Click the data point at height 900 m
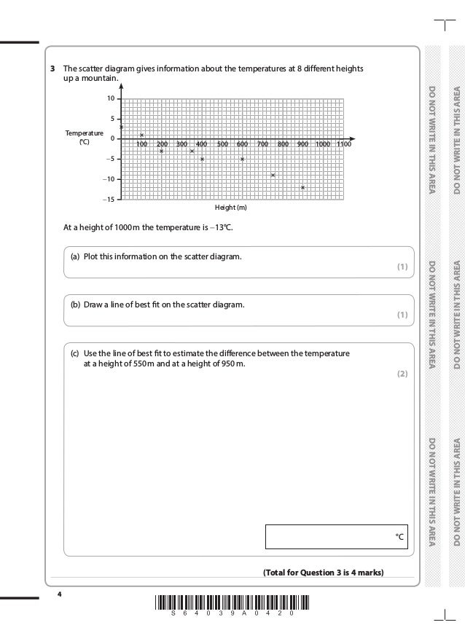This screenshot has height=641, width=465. (x=302, y=187)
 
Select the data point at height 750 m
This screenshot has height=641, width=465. (x=273, y=175)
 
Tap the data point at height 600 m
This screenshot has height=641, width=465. (x=242, y=159)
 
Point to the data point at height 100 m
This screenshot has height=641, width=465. (x=141, y=135)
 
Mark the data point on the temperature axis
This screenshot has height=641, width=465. (x=121, y=127)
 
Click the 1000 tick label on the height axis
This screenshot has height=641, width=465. (x=324, y=145)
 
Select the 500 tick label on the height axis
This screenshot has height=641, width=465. (x=222, y=145)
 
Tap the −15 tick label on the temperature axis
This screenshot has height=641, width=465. (x=108, y=199)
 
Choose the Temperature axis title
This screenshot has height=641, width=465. (x=84, y=133)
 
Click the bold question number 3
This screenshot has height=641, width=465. (x=52, y=69)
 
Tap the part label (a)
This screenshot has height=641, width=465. (x=75, y=257)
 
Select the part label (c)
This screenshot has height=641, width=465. (x=75, y=354)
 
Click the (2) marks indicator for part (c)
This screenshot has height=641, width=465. (x=402, y=374)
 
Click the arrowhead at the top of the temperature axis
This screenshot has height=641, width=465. (x=121, y=84)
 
